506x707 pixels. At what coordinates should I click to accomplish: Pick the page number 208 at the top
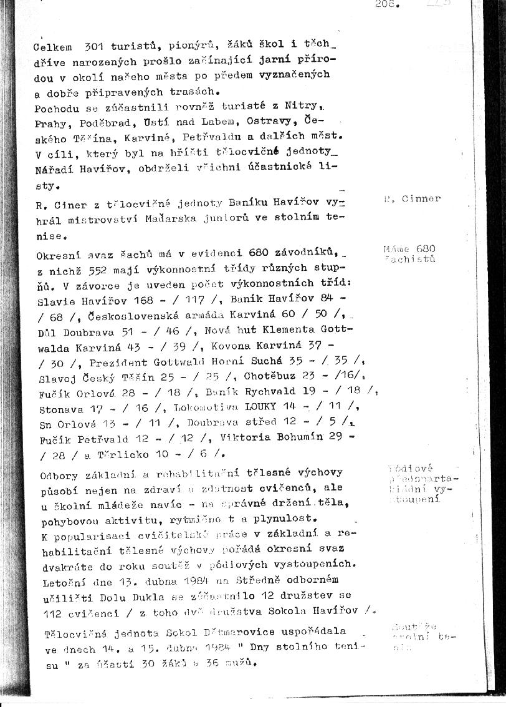386,4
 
